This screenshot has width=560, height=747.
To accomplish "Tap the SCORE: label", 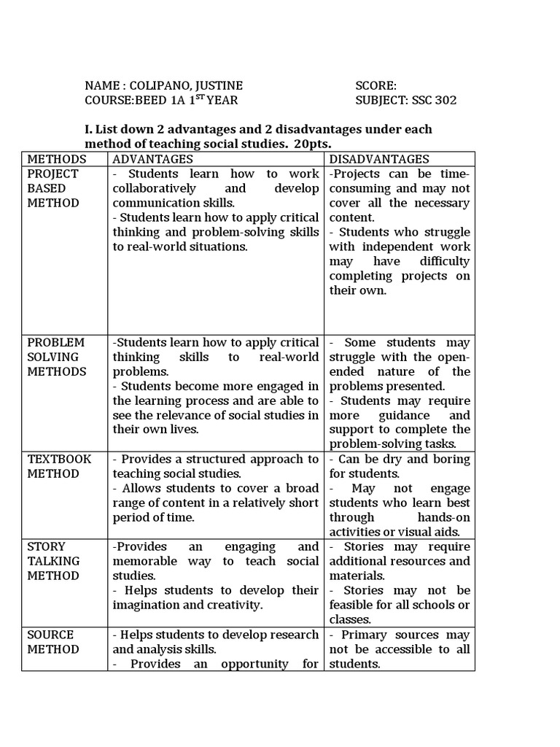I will (x=376, y=85).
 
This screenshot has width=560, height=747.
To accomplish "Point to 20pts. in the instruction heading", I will (x=309, y=144).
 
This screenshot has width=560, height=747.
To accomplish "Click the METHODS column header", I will (x=56, y=159).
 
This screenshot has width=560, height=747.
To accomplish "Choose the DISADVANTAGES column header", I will (x=379, y=159).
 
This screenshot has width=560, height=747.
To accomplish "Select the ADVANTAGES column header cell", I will (x=152, y=159).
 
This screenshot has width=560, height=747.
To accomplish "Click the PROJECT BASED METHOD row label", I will (x=53, y=188).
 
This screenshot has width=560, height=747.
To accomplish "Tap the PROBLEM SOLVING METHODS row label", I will (x=56, y=357).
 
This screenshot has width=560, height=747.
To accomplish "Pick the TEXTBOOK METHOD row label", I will (x=59, y=466).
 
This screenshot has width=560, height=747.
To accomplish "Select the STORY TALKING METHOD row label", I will (x=53, y=561).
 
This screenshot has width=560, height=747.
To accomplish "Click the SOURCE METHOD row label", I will (x=50, y=641).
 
